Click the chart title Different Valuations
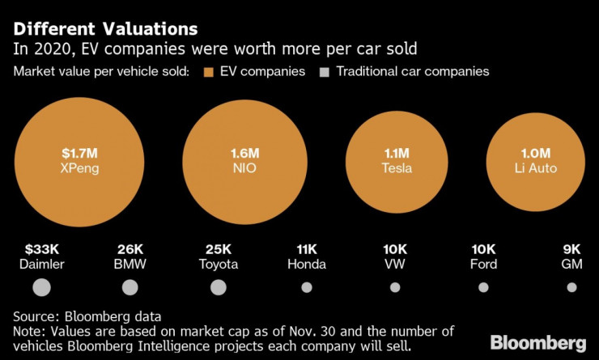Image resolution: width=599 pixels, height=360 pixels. tap(105, 29)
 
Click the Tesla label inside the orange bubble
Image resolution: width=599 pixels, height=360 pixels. tap(397, 168)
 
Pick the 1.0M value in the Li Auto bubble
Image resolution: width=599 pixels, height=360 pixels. tap(534, 152)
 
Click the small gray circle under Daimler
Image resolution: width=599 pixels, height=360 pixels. tap(41, 287)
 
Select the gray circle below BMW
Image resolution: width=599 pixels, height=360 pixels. tap(130, 287)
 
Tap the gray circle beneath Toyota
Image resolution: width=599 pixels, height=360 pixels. tap(218, 287)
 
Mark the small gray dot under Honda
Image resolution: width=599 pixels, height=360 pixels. tap(307, 287)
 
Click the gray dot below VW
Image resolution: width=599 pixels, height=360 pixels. tap(395, 287)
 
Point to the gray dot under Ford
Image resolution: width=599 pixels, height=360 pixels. tap(483, 287)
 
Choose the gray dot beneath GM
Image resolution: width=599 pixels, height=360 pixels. tap(571, 287)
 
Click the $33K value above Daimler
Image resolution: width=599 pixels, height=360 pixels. tap(41, 249)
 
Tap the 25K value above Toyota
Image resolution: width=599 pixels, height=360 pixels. tap(218, 249)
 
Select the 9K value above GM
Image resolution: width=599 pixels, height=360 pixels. tap(571, 249)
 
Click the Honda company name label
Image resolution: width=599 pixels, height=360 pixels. tap(307, 264)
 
